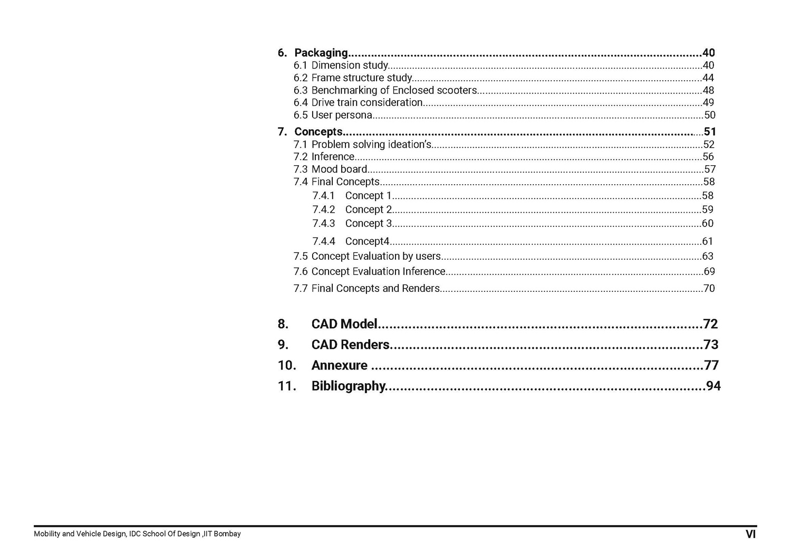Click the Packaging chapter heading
pyautogui.click(x=321, y=53)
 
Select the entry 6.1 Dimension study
pyautogui.click(x=350, y=65)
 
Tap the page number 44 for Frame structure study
pyautogui.click(x=708, y=78)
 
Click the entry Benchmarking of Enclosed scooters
pyautogui.click(x=394, y=90)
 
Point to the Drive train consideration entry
pyautogui.click(x=366, y=102)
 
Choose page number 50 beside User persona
pyautogui.click(x=709, y=115)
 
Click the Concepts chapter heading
pyautogui.click(x=318, y=131)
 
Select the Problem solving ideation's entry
pyautogui.click(x=371, y=145)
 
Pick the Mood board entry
pyautogui.click(x=339, y=169)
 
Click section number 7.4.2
pyautogui.click(x=323, y=210)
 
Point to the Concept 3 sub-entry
pyautogui.click(x=368, y=223)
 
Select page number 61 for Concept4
pyautogui.click(x=707, y=241)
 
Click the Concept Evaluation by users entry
pyautogui.click(x=375, y=257)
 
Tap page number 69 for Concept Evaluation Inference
pyautogui.click(x=709, y=272)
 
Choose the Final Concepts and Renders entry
pyautogui.click(x=375, y=289)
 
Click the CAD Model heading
pyautogui.click(x=344, y=324)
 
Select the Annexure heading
pyautogui.click(x=339, y=365)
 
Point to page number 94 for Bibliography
pyautogui.click(x=713, y=386)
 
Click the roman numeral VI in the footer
pyautogui.click(x=750, y=534)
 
